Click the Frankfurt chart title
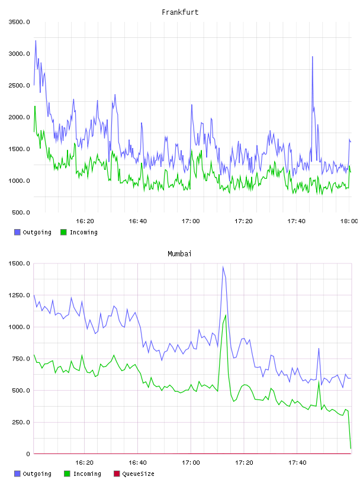click(x=180, y=12)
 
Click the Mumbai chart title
click(x=179, y=254)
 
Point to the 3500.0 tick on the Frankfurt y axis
click(x=19, y=22)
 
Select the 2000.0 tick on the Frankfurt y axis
click(x=19, y=117)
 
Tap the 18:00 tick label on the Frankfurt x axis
click(x=349, y=221)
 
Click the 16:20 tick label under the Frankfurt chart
click(x=85, y=221)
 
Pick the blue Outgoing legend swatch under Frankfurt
click(x=17, y=232)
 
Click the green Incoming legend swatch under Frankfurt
click(x=63, y=232)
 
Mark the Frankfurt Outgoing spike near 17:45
click(x=313, y=57)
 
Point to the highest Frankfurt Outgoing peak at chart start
click(x=36, y=41)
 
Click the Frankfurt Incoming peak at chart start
click(x=35, y=107)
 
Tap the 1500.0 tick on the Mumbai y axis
click(x=19, y=263)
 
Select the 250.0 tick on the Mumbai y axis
click(x=21, y=422)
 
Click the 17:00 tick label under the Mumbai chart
click(x=191, y=463)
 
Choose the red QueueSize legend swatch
click(x=117, y=474)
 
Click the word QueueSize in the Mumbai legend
click(x=138, y=474)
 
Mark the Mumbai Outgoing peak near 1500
click(x=223, y=267)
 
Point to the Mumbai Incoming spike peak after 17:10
click(x=226, y=315)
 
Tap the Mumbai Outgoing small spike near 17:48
click(x=319, y=349)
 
